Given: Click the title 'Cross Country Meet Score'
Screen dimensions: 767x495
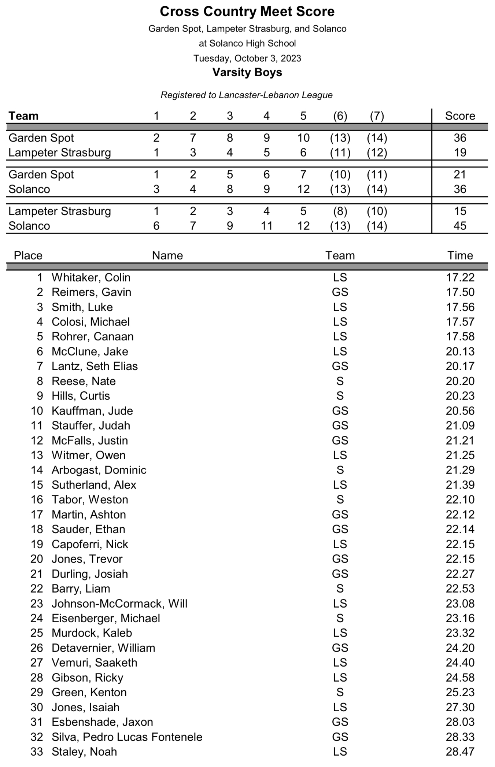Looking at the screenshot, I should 247,12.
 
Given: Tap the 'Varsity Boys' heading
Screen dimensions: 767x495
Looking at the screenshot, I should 247,72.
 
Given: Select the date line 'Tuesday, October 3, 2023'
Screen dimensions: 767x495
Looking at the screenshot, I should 247,58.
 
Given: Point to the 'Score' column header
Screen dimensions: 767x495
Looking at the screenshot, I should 460,116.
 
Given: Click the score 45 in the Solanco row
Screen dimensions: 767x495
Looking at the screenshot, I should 460,226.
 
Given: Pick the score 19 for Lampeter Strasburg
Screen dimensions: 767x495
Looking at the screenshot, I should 460,152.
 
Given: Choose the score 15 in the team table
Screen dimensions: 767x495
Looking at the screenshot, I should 460,211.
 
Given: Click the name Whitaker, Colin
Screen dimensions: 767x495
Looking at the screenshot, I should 91,277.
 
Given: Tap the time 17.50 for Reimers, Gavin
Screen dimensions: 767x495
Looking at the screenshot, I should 460,292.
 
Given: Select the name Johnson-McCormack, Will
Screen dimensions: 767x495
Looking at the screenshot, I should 119,604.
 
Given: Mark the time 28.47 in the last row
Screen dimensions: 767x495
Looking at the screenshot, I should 460,752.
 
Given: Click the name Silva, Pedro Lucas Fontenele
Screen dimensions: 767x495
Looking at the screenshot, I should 127,737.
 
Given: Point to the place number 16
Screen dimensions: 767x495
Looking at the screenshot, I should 37,499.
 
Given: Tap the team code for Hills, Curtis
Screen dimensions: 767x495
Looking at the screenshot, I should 340,396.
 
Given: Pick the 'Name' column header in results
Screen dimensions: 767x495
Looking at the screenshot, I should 167,255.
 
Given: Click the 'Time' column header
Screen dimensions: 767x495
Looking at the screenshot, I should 460,255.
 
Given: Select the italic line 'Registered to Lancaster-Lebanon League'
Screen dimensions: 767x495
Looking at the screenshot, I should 247,95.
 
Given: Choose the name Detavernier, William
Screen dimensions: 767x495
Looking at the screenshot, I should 103,648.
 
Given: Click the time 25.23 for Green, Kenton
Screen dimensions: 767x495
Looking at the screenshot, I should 460,692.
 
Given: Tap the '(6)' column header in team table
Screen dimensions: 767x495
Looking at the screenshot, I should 340,116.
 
